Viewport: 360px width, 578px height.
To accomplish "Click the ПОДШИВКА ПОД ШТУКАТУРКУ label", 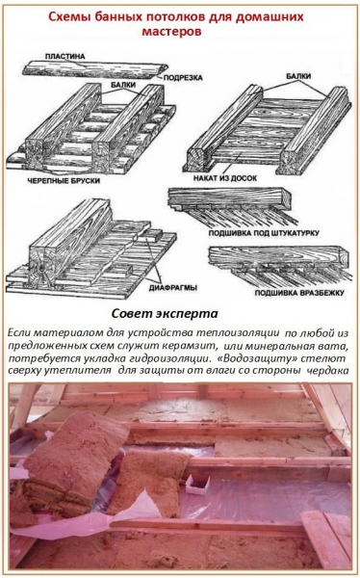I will coord(274,232).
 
